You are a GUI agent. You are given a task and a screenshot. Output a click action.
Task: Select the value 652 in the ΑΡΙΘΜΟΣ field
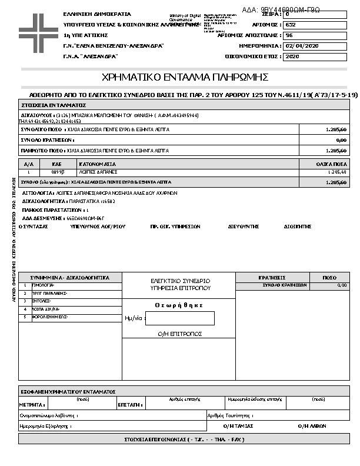pos(291,25)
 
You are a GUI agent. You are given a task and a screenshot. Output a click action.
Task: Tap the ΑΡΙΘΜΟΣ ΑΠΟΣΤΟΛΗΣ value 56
pos(289,35)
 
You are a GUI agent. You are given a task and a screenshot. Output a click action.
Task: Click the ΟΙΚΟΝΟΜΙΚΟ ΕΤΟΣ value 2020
pos(292,56)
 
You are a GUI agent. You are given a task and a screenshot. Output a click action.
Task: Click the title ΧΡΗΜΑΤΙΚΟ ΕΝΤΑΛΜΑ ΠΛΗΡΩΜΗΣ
pos(185,77)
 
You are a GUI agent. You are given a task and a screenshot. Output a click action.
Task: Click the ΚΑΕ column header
pos(57,164)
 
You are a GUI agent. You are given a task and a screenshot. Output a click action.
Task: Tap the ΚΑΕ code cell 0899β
pos(57,172)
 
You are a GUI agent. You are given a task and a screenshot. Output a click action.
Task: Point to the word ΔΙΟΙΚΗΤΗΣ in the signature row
pos(297,226)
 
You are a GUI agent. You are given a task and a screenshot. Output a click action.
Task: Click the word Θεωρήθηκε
pos(179,305)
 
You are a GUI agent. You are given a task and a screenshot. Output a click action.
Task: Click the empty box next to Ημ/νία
pos(179,318)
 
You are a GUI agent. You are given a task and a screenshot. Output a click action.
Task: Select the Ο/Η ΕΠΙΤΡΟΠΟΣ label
pos(180,334)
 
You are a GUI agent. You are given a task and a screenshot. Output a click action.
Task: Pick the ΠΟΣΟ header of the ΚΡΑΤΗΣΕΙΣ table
pos(329,277)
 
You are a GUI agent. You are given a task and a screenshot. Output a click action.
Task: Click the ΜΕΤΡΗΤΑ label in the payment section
pos(32,405)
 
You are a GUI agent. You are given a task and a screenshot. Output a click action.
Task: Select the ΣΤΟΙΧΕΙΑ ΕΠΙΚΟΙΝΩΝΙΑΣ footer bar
pos(184,440)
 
